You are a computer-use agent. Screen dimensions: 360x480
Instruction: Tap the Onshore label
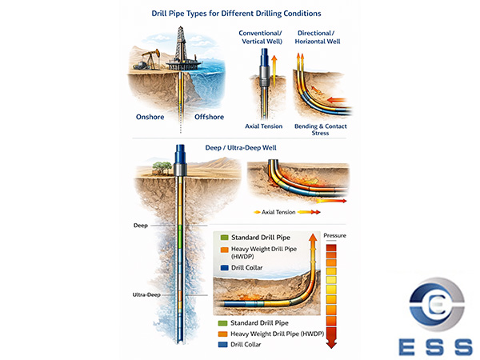150,117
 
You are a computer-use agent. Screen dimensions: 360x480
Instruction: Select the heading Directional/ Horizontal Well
318,37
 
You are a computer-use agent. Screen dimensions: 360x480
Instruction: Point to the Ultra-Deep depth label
147,294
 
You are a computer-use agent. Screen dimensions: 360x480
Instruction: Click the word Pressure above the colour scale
334,236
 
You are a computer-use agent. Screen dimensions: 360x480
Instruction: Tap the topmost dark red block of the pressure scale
334,249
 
